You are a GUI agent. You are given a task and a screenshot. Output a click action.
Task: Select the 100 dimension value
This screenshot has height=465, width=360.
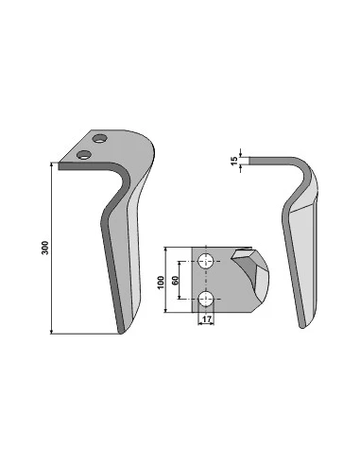(x=161, y=281)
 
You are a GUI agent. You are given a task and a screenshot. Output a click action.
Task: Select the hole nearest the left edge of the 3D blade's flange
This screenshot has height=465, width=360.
(x=85, y=151)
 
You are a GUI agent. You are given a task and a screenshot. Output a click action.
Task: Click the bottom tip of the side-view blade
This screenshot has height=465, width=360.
(x=301, y=325)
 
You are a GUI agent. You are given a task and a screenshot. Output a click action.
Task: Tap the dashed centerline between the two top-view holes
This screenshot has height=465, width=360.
(x=206, y=281)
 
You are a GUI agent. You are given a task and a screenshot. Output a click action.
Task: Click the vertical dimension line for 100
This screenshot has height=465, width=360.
(x=167, y=281)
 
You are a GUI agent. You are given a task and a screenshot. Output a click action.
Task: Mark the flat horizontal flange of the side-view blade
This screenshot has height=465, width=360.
(x=269, y=164)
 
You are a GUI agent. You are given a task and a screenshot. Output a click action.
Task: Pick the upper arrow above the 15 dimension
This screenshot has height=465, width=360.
(x=243, y=155)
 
